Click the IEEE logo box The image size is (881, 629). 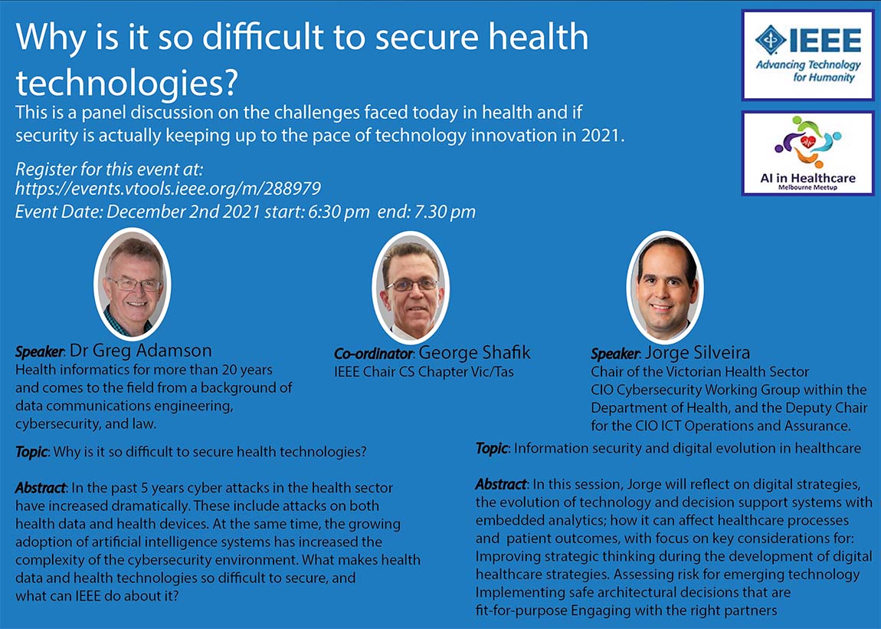pyautogui.click(x=808, y=55)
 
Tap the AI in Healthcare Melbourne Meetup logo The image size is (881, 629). pyautogui.click(x=808, y=153)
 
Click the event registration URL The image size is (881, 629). pyautogui.click(x=168, y=189)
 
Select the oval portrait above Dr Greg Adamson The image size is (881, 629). pyautogui.click(x=133, y=285)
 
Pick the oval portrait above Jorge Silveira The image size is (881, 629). pyautogui.click(x=665, y=288)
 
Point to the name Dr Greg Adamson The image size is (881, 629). pyautogui.click(x=140, y=351)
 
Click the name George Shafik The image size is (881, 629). pyautogui.click(x=474, y=353)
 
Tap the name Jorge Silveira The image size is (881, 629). pyautogui.click(x=697, y=353)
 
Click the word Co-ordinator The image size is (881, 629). pyautogui.click(x=374, y=354)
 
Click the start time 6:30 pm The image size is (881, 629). pyautogui.click(x=339, y=212)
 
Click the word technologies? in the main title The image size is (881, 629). pyautogui.click(x=127, y=83)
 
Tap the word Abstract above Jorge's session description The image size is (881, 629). pyautogui.click(x=501, y=485)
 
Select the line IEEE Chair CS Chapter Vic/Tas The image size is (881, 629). pyautogui.click(x=424, y=372)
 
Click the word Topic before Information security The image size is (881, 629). pyautogui.click(x=492, y=449)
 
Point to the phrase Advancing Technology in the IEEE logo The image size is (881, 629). pyautogui.click(x=808, y=64)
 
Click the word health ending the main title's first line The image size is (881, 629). pyautogui.click(x=538, y=37)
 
